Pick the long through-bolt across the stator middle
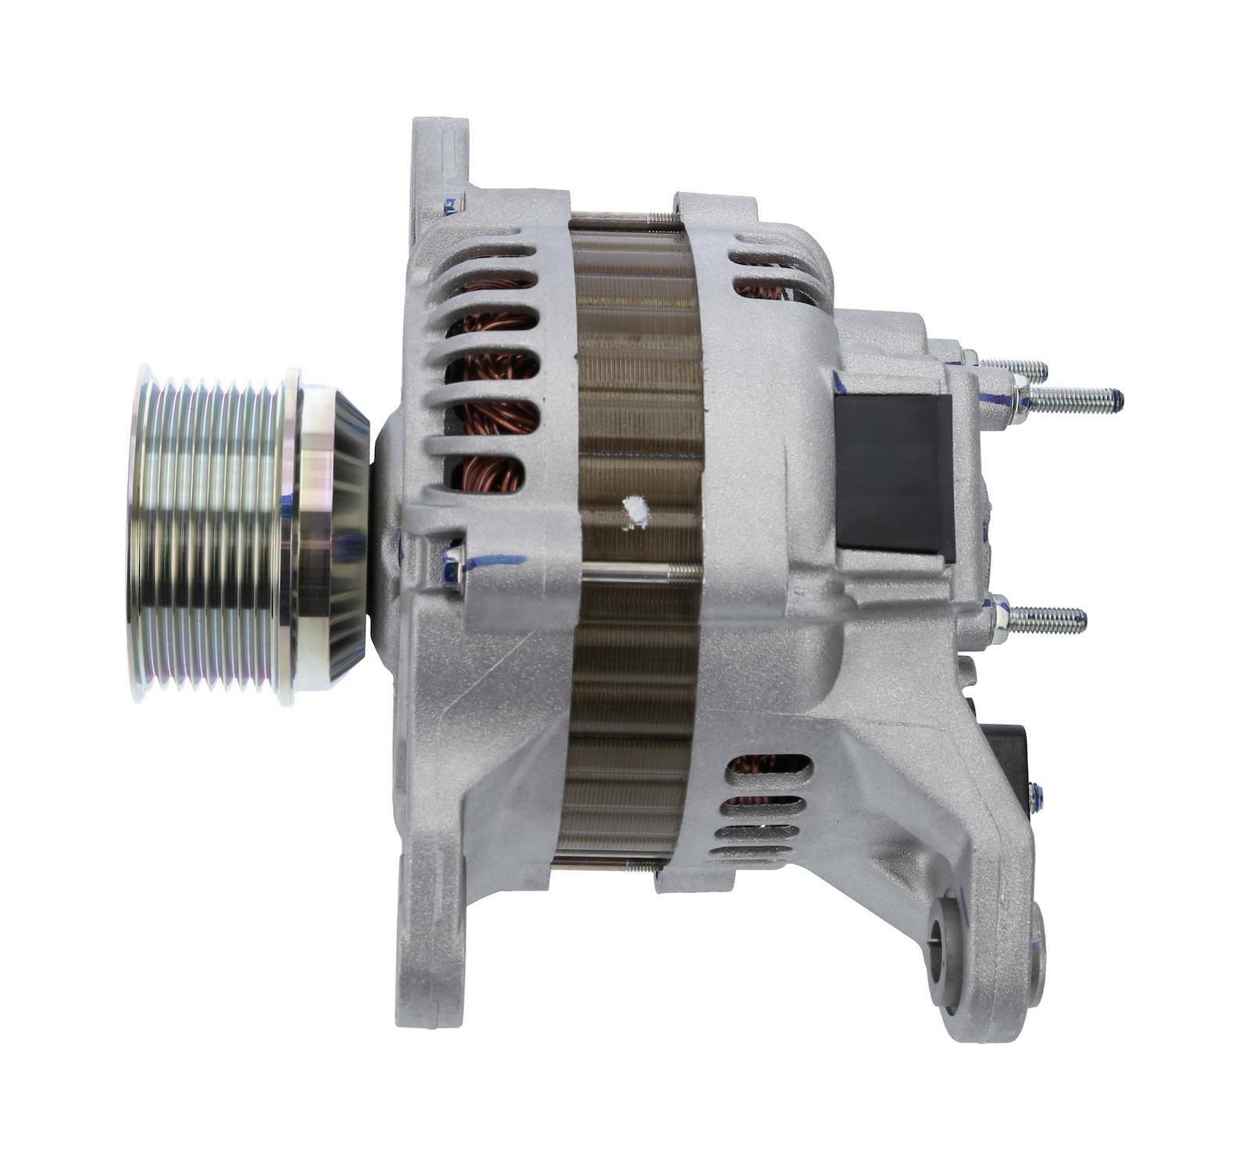(641, 571)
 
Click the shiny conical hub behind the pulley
(336, 539)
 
